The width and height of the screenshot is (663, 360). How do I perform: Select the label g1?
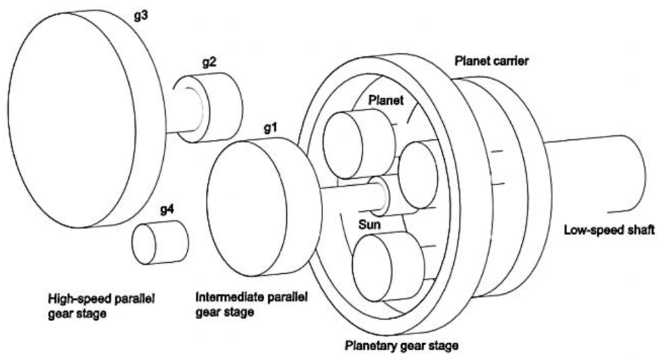pos(271,128)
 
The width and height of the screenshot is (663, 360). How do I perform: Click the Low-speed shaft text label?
pos(609,230)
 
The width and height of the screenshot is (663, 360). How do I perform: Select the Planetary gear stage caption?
pos(401,345)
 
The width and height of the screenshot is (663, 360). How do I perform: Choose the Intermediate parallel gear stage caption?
pos(251,304)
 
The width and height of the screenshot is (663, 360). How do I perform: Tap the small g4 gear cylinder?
pos(159,243)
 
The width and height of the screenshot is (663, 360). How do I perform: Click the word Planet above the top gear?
pos(385,100)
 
